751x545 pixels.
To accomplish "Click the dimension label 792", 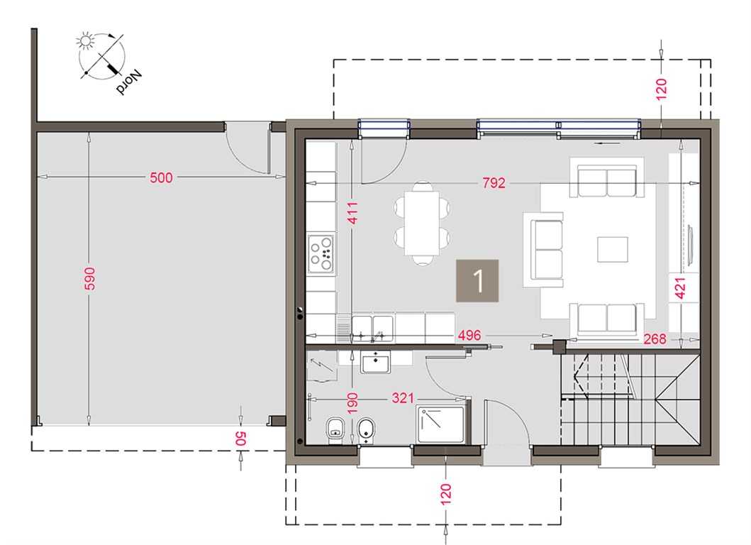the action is click(494, 182).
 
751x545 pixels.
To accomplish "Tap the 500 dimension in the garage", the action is click(161, 177).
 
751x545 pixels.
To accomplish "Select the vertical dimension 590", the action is click(90, 278).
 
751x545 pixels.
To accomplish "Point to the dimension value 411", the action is click(352, 213).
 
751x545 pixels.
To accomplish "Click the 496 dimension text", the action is click(469, 335).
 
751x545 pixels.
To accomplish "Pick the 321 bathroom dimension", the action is click(403, 398).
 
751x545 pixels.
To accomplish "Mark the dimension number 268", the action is click(655, 339).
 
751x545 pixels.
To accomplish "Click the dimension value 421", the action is click(680, 288).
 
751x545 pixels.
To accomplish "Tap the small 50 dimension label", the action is click(240, 438).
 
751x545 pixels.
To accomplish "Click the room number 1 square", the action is click(477, 281).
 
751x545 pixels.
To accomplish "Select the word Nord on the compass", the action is click(129, 82).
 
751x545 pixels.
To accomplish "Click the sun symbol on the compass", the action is click(85, 41).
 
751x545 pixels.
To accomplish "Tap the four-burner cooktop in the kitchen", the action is click(321, 253).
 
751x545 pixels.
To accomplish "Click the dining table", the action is click(422, 223).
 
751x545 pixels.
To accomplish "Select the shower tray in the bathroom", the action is click(440, 424).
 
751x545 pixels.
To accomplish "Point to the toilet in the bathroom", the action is click(335, 430).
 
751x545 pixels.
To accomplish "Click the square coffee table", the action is click(613, 249).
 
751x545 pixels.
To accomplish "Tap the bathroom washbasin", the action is click(376, 362).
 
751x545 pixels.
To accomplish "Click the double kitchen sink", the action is click(372, 329).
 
